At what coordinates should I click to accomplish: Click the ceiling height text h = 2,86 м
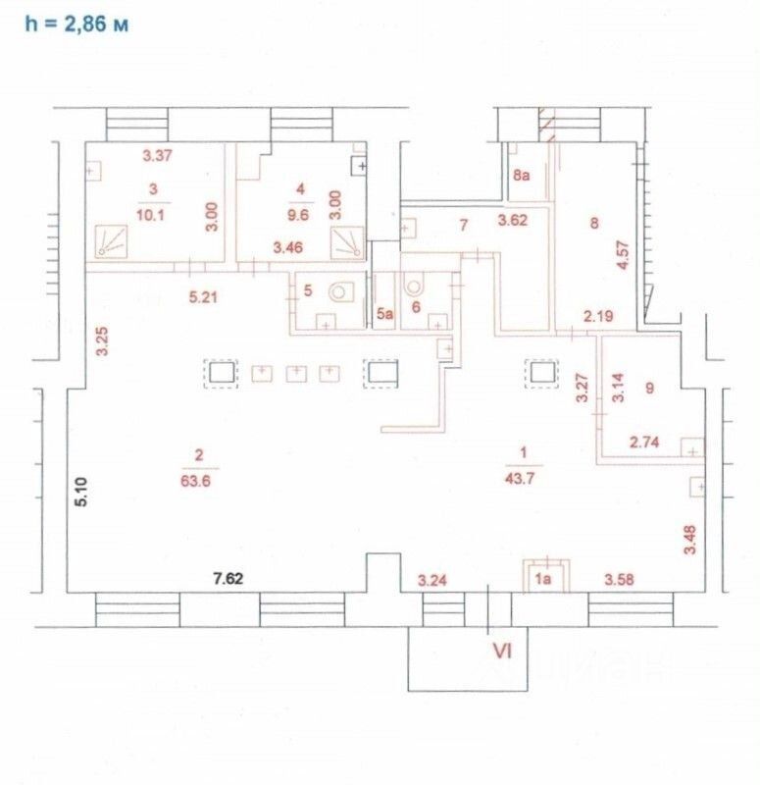coord(76,24)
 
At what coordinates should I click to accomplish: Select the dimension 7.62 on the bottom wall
coord(228,578)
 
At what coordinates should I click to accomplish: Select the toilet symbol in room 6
coord(413,288)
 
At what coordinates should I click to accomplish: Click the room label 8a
coord(522,178)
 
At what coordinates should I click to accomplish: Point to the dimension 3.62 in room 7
coord(513,221)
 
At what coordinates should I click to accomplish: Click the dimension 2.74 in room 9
coord(643,444)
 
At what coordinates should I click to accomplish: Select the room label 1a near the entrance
coord(543,579)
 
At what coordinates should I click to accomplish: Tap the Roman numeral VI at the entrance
coord(502,649)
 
